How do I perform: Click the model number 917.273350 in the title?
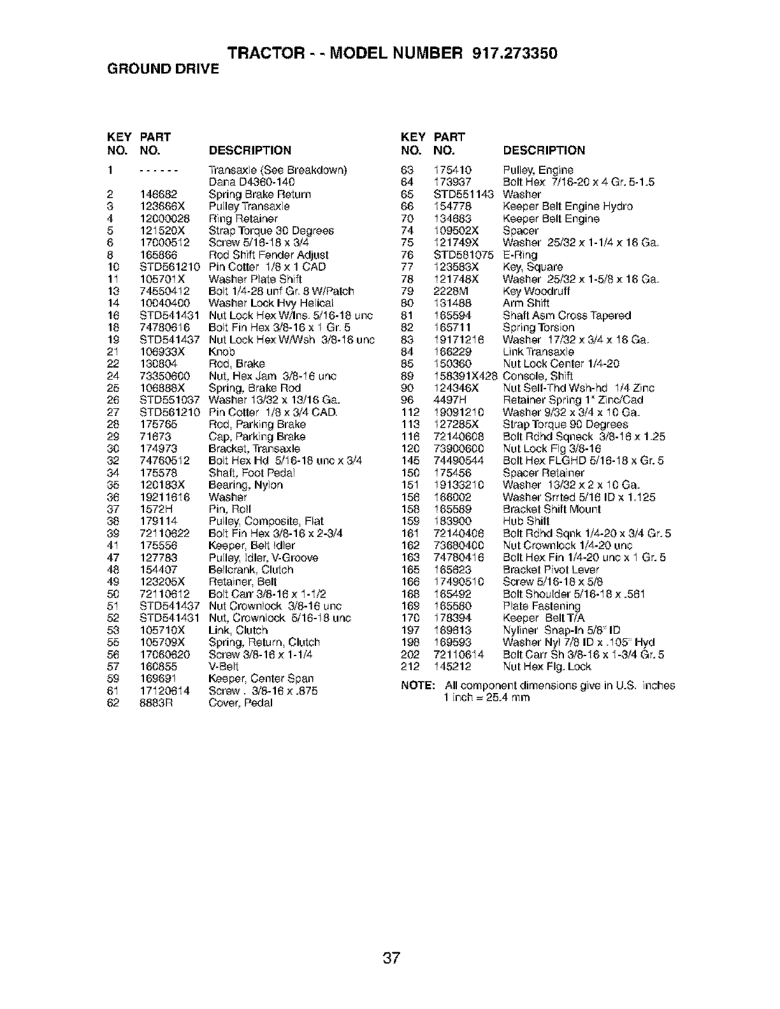pyautogui.click(x=516, y=54)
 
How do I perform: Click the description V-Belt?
pyautogui.click(x=224, y=666)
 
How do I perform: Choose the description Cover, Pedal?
pyautogui.click(x=240, y=703)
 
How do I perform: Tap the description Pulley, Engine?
pyautogui.click(x=538, y=170)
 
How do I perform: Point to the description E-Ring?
pyautogui.click(x=520, y=255)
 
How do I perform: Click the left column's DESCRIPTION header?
pyautogui.click(x=250, y=151)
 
